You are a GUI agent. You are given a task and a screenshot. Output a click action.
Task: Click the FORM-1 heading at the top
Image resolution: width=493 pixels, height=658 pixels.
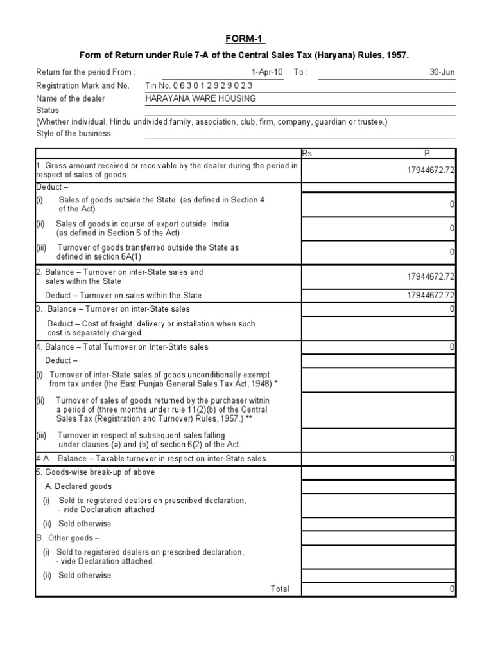tap(245, 40)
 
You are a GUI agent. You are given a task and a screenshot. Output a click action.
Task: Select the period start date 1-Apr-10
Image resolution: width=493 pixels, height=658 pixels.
tap(268, 72)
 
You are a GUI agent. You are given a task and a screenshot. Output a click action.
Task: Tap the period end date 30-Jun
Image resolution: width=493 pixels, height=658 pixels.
tap(442, 72)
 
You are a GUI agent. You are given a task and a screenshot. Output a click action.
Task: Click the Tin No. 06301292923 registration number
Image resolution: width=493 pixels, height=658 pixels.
tap(199, 85)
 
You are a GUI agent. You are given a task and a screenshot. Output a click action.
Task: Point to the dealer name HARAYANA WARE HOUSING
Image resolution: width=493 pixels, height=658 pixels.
tap(201, 98)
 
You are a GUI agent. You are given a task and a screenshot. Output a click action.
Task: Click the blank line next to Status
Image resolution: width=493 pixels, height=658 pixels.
tap(300, 111)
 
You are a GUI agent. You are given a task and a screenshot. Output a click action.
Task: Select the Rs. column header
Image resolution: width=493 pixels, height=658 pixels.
tap(309, 154)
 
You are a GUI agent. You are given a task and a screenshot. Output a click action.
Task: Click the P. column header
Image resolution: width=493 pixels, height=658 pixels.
tap(428, 154)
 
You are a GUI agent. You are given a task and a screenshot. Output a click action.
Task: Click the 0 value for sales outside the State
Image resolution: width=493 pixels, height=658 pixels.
tap(452, 204)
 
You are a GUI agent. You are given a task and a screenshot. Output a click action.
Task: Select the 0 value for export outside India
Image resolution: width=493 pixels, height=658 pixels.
tap(452, 228)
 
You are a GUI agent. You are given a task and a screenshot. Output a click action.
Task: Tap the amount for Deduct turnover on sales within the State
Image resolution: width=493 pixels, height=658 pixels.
tap(430, 296)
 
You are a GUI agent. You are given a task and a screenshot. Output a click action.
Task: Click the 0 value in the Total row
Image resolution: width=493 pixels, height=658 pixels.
tap(452, 589)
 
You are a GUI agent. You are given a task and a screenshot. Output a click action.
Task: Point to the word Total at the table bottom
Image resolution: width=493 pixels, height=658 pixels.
tap(280, 589)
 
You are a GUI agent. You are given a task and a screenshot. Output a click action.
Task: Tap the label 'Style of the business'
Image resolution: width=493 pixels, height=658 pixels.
tap(73, 134)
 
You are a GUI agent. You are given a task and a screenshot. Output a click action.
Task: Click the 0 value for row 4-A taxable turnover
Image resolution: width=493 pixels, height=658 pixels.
tap(452, 459)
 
